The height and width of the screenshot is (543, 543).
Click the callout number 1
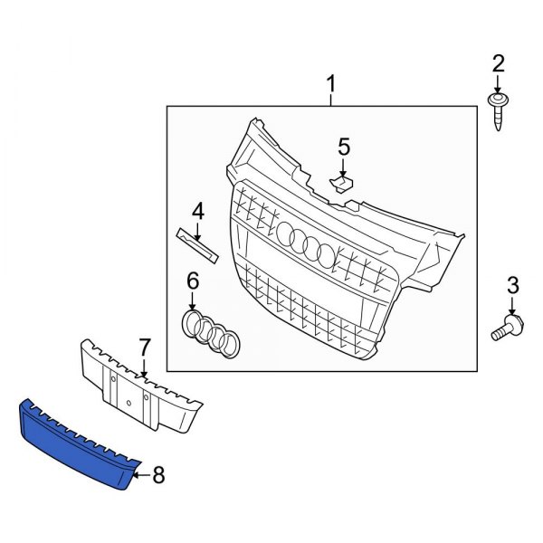point(330,86)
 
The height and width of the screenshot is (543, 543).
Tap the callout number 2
point(497,63)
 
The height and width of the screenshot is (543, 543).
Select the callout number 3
point(512,286)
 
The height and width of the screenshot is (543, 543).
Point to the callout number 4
point(197,211)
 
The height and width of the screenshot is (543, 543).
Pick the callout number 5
point(343,146)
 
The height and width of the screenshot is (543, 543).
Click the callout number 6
point(192,281)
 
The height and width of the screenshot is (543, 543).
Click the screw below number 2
point(497,110)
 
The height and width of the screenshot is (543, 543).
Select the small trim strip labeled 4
point(197,243)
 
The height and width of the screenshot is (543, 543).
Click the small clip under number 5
point(341,184)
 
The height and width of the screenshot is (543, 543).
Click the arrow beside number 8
point(138,472)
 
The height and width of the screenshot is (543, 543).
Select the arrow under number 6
point(192,301)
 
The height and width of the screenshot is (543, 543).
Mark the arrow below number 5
point(343,167)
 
